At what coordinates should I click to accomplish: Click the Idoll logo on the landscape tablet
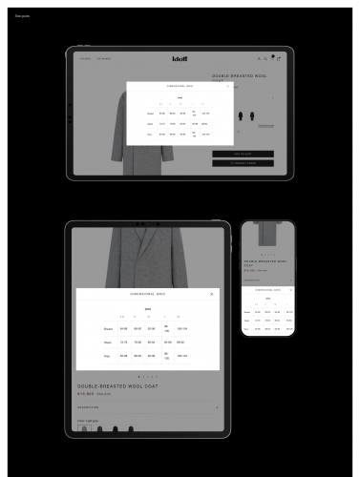(x=180, y=58)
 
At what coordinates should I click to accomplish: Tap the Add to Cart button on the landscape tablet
(x=243, y=153)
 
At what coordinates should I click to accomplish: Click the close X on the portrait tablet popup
(x=211, y=294)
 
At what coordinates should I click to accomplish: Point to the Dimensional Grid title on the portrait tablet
(x=147, y=294)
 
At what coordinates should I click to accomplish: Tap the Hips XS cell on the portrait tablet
(x=122, y=356)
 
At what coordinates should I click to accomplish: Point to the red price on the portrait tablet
(x=85, y=393)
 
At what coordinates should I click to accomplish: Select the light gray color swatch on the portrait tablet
(x=84, y=428)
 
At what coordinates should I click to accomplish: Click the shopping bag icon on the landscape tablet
(x=279, y=58)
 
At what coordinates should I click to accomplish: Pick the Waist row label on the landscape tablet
(x=150, y=123)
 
